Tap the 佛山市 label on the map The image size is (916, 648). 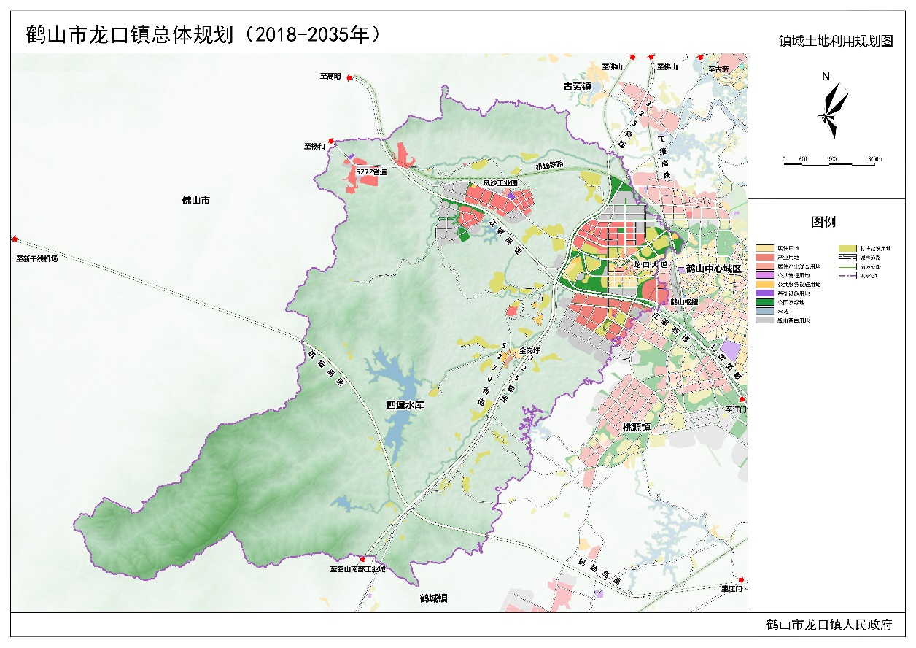195,200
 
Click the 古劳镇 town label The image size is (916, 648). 577,86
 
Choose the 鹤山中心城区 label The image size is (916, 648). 713,269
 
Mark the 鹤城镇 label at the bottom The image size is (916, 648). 433,598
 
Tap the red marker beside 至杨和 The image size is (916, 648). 331,141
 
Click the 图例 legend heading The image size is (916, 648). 823,223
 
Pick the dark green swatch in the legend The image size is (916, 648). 765,301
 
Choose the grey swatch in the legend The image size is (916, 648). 765,320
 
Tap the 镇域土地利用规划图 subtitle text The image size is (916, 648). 836,42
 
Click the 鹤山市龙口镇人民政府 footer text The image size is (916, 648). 829,625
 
